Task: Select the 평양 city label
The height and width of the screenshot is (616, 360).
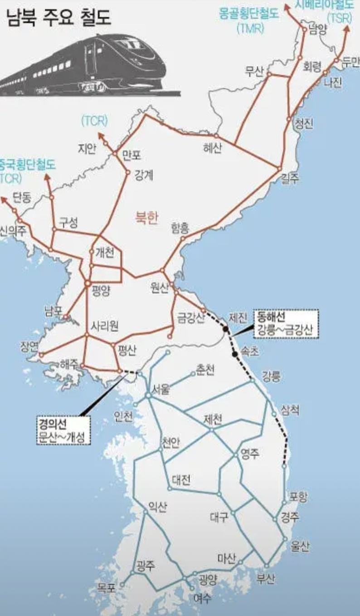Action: (101, 291)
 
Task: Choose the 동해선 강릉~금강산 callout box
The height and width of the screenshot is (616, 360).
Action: (287, 324)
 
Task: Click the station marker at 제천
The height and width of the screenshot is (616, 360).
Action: (211, 429)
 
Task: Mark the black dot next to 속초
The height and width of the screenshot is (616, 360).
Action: (235, 354)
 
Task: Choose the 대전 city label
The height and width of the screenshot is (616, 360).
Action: (181, 480)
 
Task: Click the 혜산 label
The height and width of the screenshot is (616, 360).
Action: (212, 148)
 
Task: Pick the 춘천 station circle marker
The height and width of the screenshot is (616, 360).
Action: (193, 374)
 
